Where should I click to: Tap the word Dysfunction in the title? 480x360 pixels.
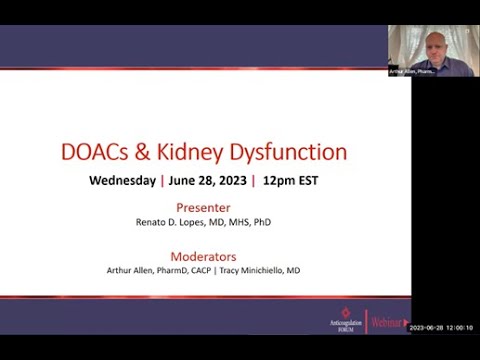[293, 152]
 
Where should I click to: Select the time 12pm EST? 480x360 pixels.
[290, 181]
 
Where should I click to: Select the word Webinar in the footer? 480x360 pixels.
[386, 322]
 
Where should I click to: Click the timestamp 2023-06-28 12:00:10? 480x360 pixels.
[441, 327]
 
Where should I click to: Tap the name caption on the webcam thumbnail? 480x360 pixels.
[412, 72]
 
